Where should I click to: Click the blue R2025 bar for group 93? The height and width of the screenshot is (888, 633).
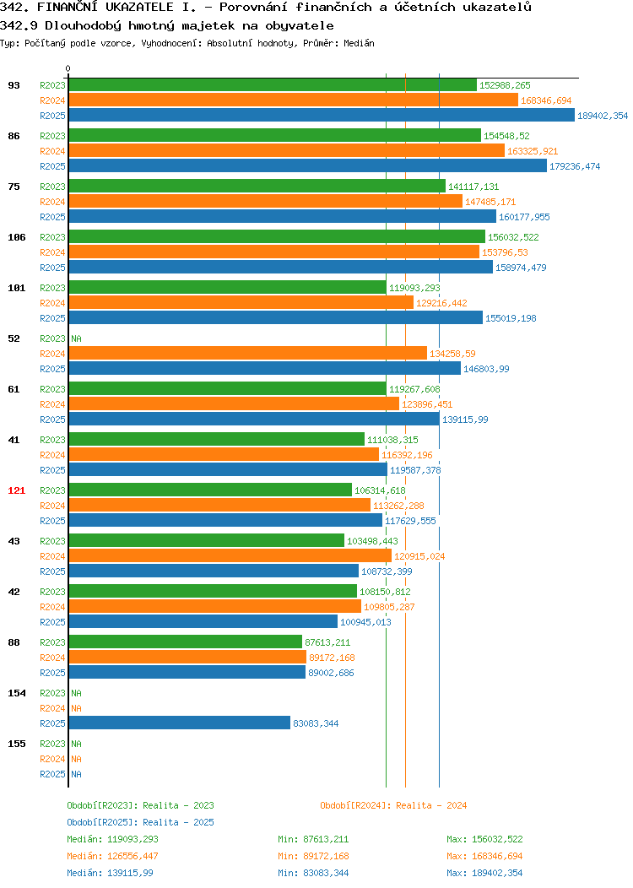click(322, 116)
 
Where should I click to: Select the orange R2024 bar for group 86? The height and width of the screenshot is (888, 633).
click(286, 150)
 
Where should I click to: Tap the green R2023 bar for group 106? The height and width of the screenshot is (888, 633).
click(277, 236)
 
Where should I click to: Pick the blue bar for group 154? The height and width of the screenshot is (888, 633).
click(180, 723)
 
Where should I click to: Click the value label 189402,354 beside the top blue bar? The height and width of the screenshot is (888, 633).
click(603, 116)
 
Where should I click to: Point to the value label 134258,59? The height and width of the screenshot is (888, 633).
click(452, 354)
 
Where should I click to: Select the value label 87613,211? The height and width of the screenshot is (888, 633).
click(327, 642)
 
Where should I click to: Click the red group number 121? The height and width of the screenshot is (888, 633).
click(16, 490)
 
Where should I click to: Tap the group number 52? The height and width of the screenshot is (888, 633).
click(14, 338)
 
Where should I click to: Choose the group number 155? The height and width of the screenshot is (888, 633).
click(16, 744)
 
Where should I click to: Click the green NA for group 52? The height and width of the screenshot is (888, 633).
click(77, 338)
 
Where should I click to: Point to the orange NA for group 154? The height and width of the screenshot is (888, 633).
click(77, 708)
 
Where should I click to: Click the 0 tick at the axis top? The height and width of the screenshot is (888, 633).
click(68, 68)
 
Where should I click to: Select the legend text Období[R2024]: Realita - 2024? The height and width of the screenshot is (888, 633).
click(393, 805)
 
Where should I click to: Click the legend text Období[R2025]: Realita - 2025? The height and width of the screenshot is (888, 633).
click(140, 822)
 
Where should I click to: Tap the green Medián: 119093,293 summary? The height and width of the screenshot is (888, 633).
click(112, 839)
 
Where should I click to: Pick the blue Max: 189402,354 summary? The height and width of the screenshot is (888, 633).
click(484, 873)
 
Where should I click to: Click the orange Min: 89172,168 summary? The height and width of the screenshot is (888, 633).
click(313, 856)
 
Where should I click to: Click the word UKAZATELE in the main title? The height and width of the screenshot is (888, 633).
click(139, 8)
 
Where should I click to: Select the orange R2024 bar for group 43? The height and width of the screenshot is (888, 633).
click(230, 556)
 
